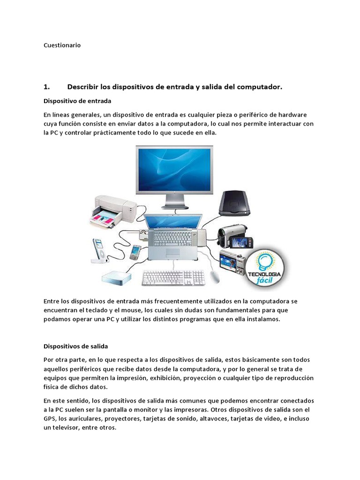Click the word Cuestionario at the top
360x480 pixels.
click(62, 45)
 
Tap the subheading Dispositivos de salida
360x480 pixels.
click(75, 346)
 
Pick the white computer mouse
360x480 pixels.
click(215, 276)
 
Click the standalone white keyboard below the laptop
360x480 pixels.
click(173, 277)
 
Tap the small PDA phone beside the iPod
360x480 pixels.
click(135, 252)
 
